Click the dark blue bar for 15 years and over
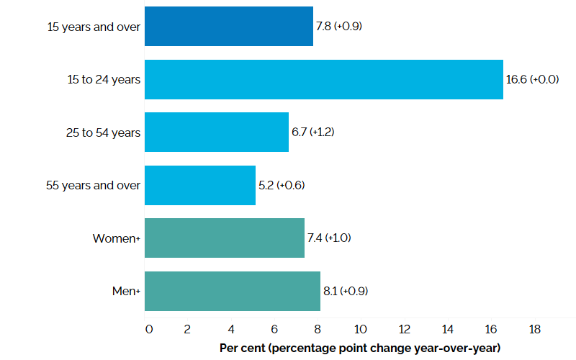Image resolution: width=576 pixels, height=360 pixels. pos(228,26)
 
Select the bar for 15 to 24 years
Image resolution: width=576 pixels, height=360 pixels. pos(323,79)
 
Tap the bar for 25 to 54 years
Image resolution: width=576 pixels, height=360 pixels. pos(216,132)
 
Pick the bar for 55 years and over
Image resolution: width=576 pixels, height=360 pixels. pos(199,185)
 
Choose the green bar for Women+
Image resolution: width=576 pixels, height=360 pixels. pos(224,238)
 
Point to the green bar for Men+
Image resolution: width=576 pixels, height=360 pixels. pos(232,291)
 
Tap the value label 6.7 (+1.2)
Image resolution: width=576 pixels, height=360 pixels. pos(313,132)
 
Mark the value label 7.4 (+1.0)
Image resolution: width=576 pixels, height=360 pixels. pos(329,238)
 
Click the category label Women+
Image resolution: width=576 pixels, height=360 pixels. pos(116,238)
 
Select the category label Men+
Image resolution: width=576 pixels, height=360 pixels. pos(124,291)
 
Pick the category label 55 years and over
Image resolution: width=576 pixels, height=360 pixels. pos(94,185)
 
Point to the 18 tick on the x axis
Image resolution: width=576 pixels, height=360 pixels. pos(534,329)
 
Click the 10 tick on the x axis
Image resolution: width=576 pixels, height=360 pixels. pos(361,329)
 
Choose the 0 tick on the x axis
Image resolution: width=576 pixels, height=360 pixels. pos(148,329)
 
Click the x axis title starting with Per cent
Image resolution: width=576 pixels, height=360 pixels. pos(360,348)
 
